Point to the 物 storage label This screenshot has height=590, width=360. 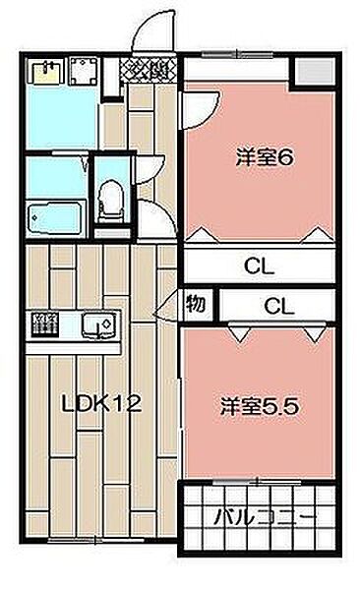point(196,305)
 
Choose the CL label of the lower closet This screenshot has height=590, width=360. point(278,305)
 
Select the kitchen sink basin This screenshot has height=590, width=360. point(97,324)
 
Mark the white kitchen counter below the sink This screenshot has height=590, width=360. point(72,346)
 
